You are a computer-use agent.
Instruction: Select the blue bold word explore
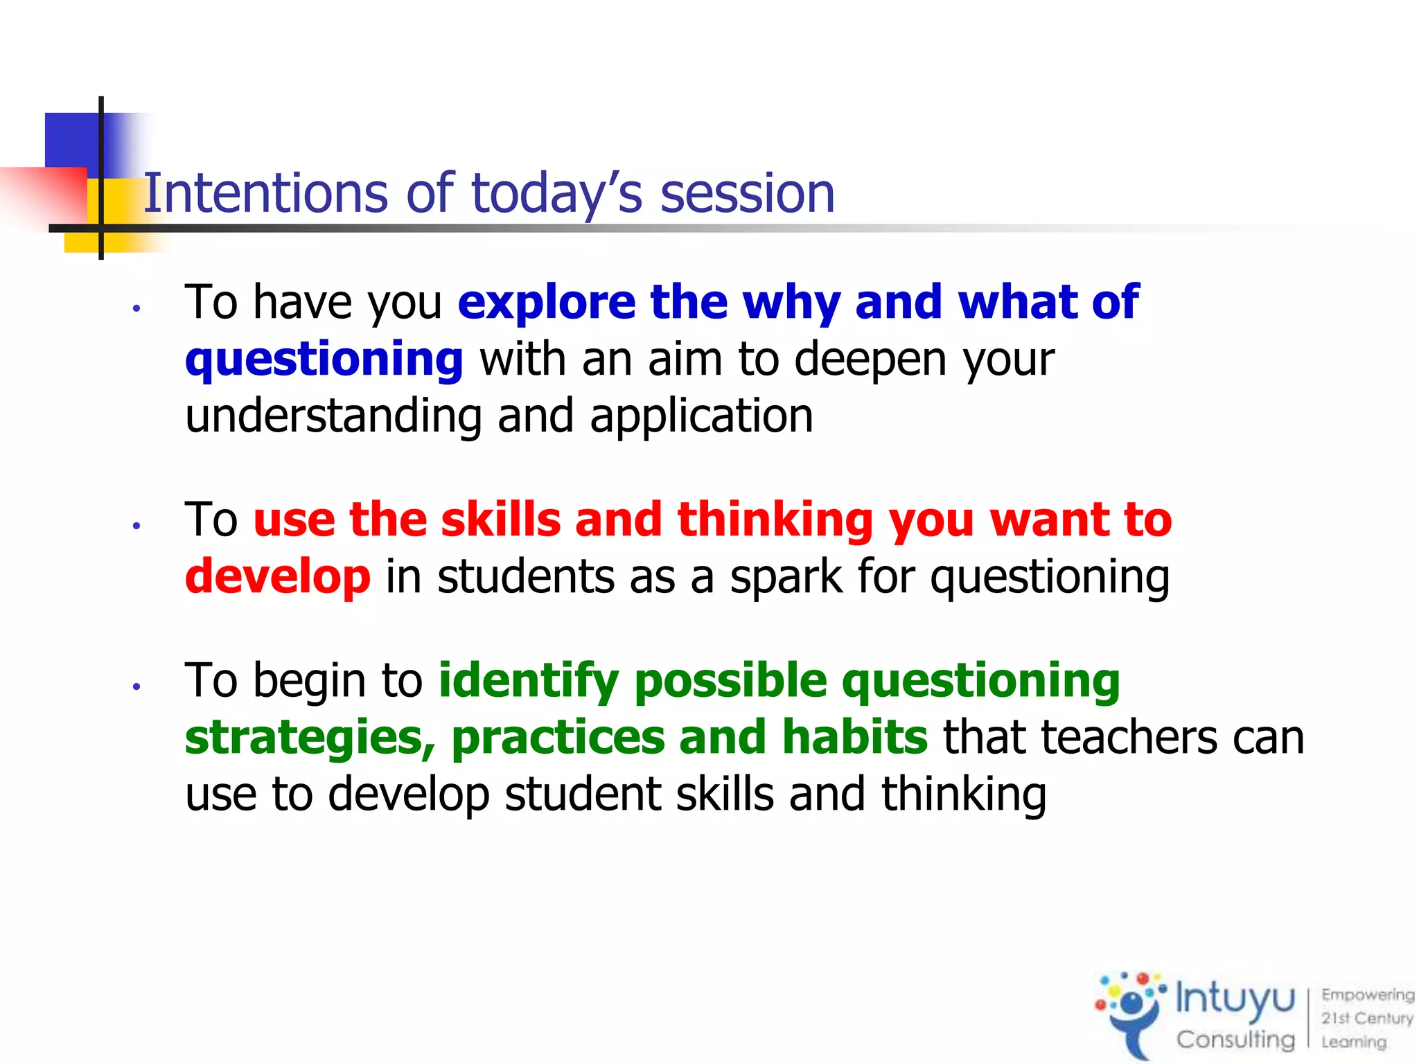click(x=546, y=303)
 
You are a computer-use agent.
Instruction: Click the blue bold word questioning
click(x=324, y=360)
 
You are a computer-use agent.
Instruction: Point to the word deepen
click(x=870, y=360)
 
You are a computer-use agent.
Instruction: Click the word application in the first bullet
click(x=701, y=416)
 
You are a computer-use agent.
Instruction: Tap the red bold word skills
click(x=500, y=520)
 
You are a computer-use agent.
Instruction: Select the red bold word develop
click(x=277, y=576)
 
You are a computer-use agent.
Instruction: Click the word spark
click(x=786, y=576)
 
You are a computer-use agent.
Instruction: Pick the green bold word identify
click(x=528, y=680)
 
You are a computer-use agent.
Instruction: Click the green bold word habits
click(x=854, y=737)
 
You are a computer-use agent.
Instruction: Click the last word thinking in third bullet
click(x=963, y=794)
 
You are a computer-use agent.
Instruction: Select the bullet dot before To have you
click(x=137, y=308)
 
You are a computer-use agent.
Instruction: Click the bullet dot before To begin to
click(x=137, y=686)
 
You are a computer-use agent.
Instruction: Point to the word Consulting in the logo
click(x=1235, y=1039)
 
